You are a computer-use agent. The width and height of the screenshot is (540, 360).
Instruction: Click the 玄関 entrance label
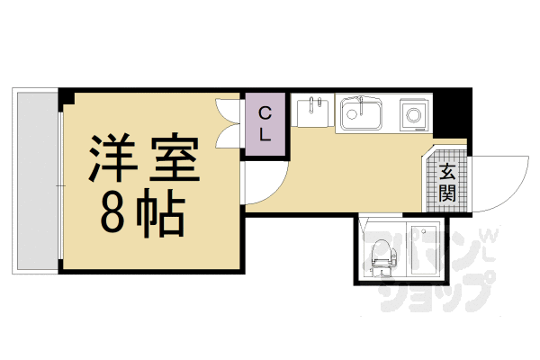tap(447, 180)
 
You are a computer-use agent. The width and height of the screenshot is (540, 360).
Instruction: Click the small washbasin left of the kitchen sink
tap(314, 112)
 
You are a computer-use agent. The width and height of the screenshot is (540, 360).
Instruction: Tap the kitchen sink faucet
tap(360, 101)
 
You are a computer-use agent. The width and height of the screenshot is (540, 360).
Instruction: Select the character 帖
tap(165, 214)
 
